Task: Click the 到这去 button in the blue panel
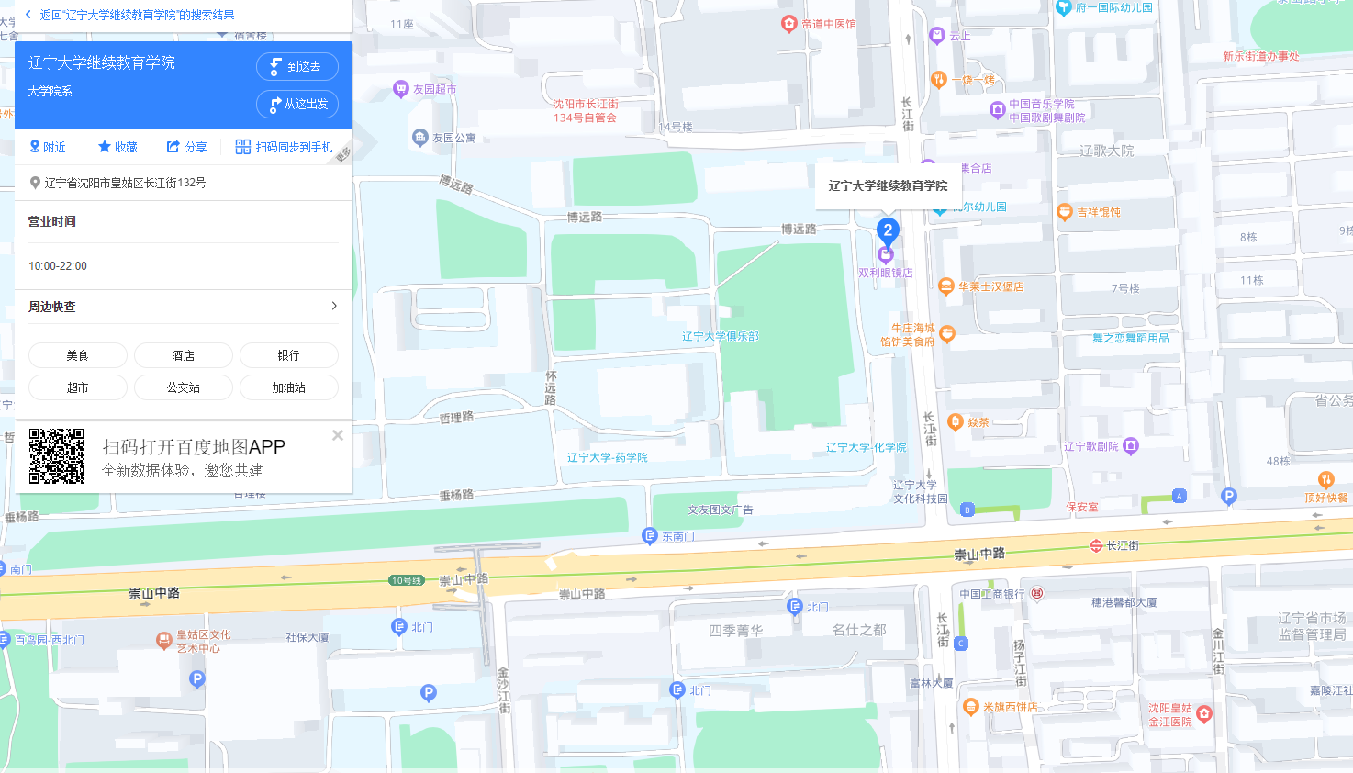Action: coord(296,66)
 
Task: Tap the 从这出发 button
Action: coord(296,105)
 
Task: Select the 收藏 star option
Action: coord(117,147)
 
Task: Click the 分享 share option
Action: coord(186,147)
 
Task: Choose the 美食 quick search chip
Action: coord(78,355)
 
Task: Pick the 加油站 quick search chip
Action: coord(288,387)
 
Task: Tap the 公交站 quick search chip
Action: coord(184,387)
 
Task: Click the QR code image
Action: coord(57,456)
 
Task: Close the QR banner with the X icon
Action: coord(338,435)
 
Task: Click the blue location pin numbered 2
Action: coord(887,230)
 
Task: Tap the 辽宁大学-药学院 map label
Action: coord(607,457)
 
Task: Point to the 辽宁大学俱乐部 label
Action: coord(720,337)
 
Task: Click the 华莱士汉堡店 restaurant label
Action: coord(990,286)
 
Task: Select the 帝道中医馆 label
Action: coord(827,24)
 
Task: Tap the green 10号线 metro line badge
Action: coord(406,580)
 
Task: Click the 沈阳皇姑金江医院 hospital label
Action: coord(1170,715)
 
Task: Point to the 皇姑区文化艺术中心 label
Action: coord(203,641)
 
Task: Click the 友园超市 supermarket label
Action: coord(433,89)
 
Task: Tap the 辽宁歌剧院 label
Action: coord(1091,446)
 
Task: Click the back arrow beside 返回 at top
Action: coord(28,15)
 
